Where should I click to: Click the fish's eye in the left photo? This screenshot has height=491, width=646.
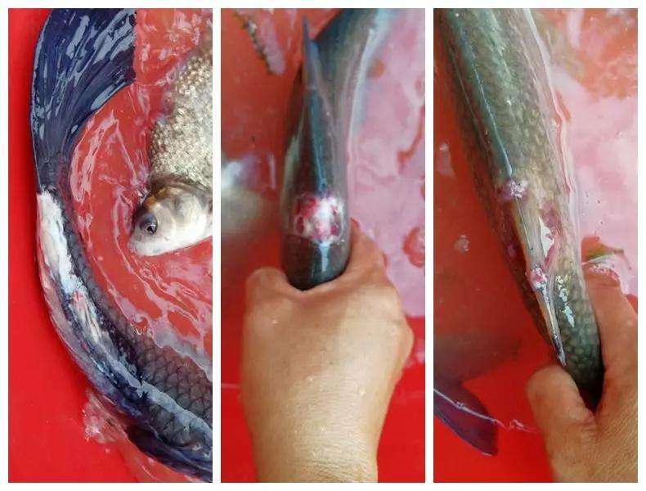[147, 222]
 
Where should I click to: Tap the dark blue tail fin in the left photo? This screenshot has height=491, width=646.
[78, 74]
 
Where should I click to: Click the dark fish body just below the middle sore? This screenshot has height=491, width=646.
[315, 262]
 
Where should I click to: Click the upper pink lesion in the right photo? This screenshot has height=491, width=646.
[514, 189]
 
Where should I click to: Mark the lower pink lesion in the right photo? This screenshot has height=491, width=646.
[538, 276]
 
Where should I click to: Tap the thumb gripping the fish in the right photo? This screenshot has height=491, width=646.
[564, 393]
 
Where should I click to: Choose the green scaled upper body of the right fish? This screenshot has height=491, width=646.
[499, 90]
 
